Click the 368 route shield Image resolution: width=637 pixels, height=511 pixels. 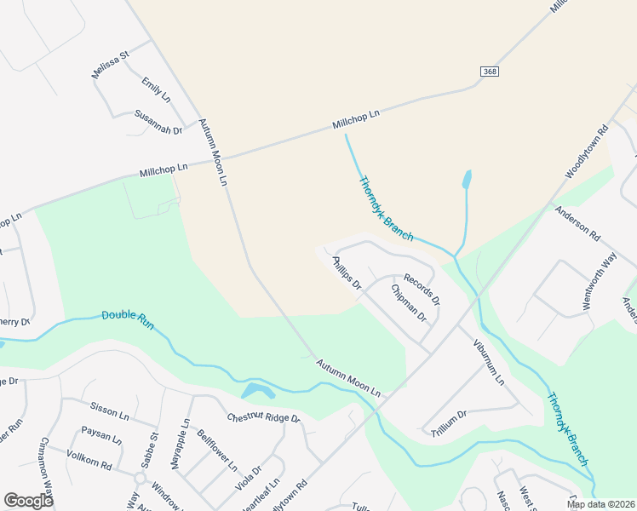tap(489, 72)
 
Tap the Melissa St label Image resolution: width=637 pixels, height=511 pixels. tap(111, 66)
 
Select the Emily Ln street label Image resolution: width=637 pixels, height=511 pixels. tap(156, 90)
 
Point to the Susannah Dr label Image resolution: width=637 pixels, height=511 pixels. tap(158, 123)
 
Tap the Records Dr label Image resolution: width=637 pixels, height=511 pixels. tap(422, 290)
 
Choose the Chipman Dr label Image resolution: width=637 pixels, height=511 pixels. tap(408, 303)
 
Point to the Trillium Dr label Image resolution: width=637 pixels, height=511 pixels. tap(450, 421)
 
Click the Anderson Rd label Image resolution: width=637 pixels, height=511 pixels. tap(577, 224)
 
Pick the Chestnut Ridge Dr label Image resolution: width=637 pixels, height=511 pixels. tap(263, 418)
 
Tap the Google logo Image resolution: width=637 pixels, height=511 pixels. tap(28, 501)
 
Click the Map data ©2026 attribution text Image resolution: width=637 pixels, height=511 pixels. tap(600, 504)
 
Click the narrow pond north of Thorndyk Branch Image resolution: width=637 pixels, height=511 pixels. tap(466, 180)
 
